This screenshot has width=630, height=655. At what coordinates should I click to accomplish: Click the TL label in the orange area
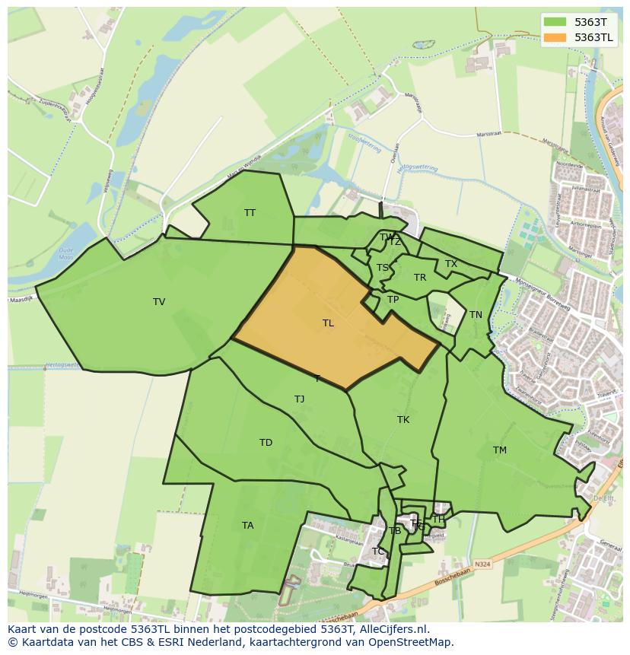[328, 323]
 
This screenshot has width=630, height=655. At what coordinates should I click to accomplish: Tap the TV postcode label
[159, 302]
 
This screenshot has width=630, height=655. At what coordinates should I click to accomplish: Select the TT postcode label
[250, 213]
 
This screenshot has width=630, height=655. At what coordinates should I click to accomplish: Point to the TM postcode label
[499, 450]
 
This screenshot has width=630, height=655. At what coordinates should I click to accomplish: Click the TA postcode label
[247, 526]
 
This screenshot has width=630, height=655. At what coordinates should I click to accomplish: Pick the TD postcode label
[266, 443]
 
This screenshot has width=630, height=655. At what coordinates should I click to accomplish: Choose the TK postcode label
[403, 420]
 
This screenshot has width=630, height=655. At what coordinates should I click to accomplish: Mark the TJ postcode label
[299, 399]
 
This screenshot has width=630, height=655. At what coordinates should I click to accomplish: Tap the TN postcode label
[476, 315]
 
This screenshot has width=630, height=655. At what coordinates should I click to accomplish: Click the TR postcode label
[420, 278]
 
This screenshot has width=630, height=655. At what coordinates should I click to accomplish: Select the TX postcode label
[451, 264]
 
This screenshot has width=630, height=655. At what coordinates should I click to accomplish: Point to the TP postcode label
[393, 300]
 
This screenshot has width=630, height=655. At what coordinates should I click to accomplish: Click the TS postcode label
[383, 268]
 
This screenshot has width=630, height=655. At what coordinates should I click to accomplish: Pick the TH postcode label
[438, 520]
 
